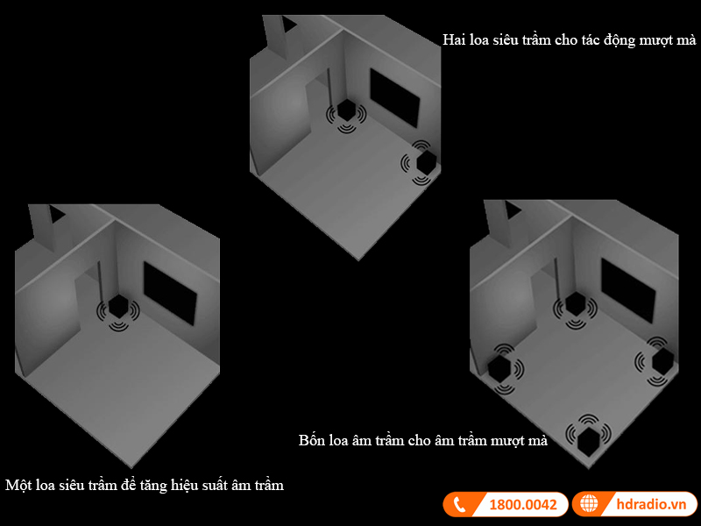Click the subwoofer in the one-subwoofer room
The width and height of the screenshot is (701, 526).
118,307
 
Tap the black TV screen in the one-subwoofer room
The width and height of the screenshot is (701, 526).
170,293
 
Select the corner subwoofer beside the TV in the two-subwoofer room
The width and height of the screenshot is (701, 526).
345,110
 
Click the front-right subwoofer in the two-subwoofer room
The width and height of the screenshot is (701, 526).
426,162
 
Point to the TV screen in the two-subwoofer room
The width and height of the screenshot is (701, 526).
395,97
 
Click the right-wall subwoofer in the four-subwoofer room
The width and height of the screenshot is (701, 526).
662,361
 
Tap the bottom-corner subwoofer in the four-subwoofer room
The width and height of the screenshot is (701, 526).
589,441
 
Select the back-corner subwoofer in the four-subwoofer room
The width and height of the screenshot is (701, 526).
575,304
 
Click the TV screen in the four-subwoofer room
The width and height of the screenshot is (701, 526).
627,291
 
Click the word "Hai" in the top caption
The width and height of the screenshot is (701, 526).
454,39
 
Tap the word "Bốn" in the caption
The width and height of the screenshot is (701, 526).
312,440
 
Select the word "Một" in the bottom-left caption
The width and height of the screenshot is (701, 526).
18,485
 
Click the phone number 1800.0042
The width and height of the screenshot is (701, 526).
523,505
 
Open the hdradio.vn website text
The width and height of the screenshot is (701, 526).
651,504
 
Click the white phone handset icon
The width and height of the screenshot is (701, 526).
459,505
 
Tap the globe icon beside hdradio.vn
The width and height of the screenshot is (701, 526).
589,503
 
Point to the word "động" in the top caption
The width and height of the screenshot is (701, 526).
620,40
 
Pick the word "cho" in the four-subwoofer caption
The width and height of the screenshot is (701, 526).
420,441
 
